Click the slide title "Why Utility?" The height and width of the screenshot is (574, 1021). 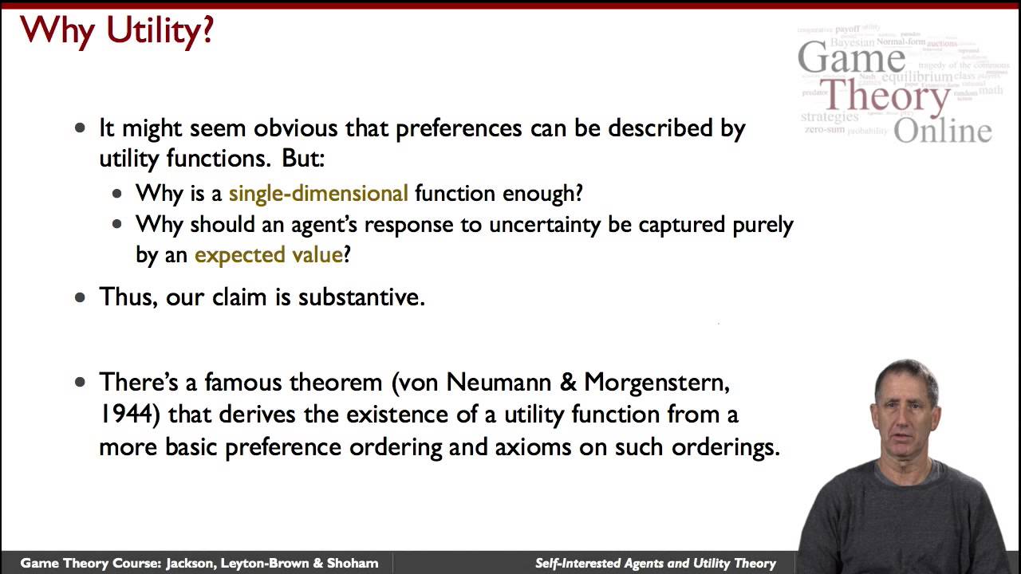point(117,30)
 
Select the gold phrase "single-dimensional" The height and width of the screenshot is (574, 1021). point(318,193)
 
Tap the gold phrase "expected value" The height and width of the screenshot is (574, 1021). point(268,255)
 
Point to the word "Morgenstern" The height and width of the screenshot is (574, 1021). point(656,383)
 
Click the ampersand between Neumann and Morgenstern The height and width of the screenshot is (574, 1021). point(568,383)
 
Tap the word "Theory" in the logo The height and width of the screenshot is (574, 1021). point(885,97)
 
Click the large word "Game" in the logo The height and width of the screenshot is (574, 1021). point(851,57)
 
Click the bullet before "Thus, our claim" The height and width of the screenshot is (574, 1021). point(80,297)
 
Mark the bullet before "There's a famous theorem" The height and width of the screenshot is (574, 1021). point(80,383)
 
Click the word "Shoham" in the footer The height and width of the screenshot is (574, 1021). point(351,564)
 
